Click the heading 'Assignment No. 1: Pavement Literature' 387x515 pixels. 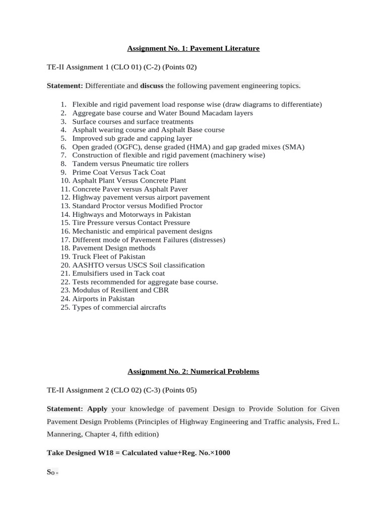pyautogui.click(x=193, y=49)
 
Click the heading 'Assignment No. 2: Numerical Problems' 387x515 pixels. pyautogui.click(x=193, y=372)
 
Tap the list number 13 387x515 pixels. pyautogui.click(x=65, y=206)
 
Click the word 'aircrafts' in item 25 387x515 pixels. pyautogui.click(x=151, y=307)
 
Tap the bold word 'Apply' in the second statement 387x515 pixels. pyautogui.click(x=97, y=409)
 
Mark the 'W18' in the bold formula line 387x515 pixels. pyautogui.click(x=107, y=453)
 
